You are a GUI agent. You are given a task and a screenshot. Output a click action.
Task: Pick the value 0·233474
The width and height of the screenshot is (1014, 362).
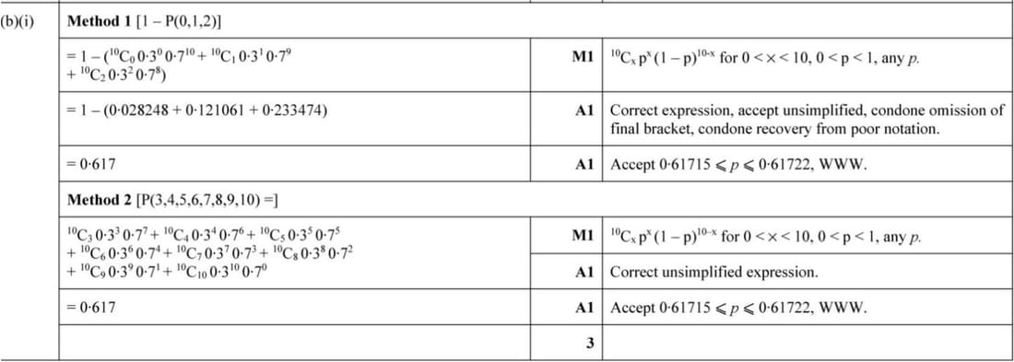pos(282,111)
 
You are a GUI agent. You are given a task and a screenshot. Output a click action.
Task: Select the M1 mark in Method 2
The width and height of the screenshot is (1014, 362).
pos(581,235)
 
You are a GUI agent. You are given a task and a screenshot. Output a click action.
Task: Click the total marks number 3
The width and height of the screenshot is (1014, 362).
pos(590,344)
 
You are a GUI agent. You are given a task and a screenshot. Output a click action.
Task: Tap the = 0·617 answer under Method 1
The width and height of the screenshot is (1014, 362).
pos(92,165)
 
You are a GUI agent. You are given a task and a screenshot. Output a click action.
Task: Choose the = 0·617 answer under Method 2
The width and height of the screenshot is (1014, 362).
pos(92,307)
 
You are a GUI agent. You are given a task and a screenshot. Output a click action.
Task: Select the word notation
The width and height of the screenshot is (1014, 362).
pos(914,128)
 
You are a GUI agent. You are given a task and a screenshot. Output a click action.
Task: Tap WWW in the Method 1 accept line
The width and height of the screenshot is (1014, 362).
pos(843,165)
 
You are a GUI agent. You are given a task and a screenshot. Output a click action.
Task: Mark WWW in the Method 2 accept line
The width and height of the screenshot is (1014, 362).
pos(843,307)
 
